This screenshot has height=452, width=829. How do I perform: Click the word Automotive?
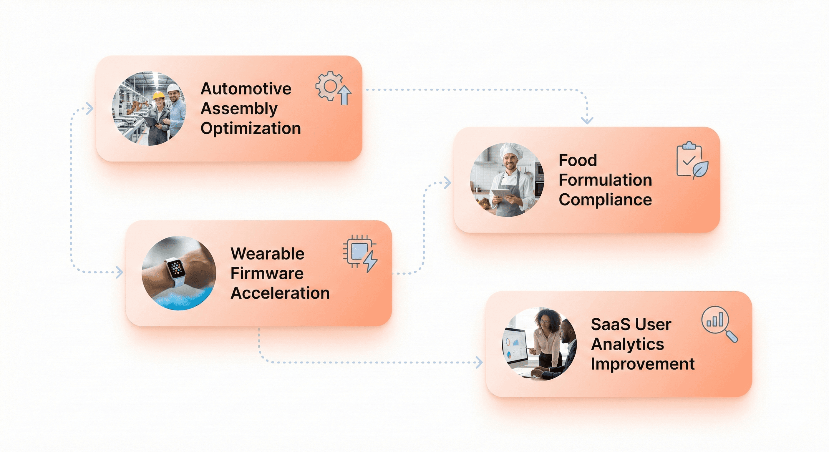tap(246, 89)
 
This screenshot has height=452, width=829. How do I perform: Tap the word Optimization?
tap(251, 128)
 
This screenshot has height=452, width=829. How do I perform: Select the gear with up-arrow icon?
tap(333, 88)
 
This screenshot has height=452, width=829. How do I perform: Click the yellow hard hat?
tap(158, 95)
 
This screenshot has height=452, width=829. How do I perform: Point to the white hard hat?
tap(173, 87)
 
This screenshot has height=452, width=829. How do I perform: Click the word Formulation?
tap(605, 180)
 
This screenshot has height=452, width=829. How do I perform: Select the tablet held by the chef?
tap(501, 194)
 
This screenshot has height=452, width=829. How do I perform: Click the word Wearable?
tap(267, 254)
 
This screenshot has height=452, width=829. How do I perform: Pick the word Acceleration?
tap(280, 293)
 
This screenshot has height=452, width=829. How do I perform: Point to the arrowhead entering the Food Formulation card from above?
tap(587, 121)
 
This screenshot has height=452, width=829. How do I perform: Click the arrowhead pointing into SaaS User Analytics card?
tap(480, 362)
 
